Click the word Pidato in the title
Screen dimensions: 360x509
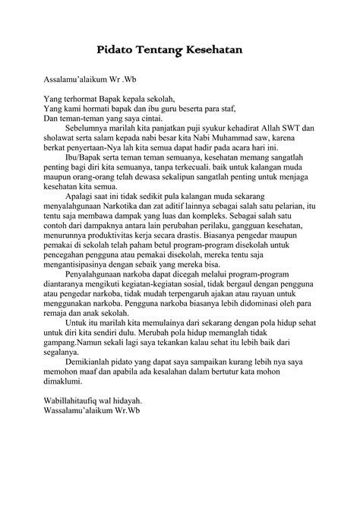click(x=116, y=49)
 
